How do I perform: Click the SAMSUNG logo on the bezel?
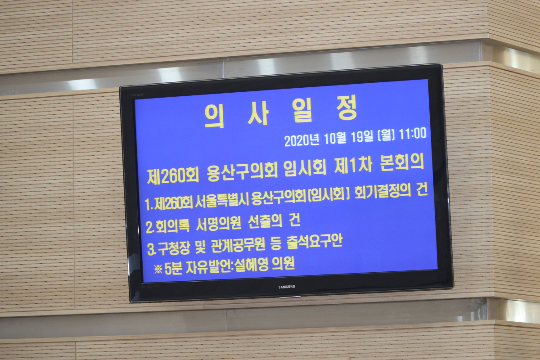(x=287, y=287)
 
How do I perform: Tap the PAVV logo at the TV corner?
(x=138, y=95)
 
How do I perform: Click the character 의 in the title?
(x=215, y=116)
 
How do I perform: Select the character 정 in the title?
(x=347, y=110)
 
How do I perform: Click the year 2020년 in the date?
(x=302, y=140)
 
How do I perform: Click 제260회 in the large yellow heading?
(x=173, y=176)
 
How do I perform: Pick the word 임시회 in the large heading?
(x=305, y=168)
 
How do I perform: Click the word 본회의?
(x=402, y=163)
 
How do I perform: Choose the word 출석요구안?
(x=315, y=242)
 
